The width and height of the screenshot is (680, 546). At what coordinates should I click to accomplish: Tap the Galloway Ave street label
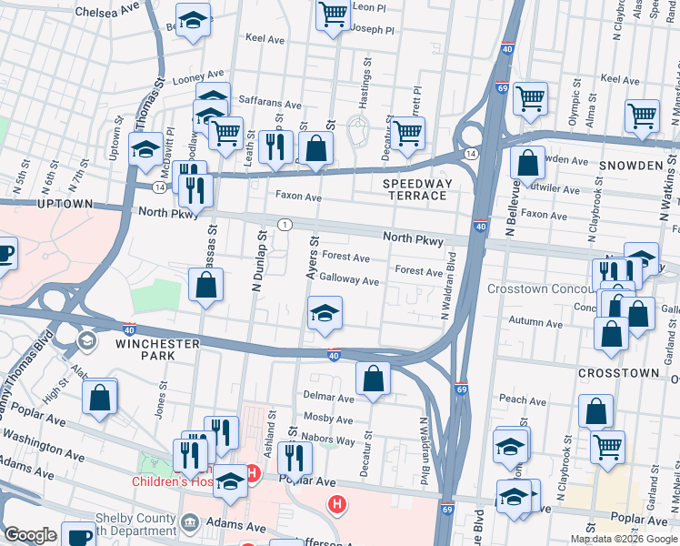[x=349, y=281]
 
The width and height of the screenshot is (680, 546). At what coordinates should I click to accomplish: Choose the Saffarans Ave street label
[x=269, y=105]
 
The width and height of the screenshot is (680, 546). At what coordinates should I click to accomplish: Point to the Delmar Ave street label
[x=327, y=398]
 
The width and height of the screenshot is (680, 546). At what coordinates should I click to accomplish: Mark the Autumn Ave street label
[x=535, y=322]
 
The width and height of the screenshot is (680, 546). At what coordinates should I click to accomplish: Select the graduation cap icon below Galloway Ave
[x=325, y=313]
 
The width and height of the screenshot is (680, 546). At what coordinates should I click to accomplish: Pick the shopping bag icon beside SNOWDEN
[x=527, y=164]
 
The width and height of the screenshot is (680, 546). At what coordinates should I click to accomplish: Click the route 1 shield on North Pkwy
[x=285, y=224]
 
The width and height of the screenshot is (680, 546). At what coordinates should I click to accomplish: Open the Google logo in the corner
[x=30, y=535]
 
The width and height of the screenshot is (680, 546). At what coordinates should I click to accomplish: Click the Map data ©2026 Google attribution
[x=624, y=539]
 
